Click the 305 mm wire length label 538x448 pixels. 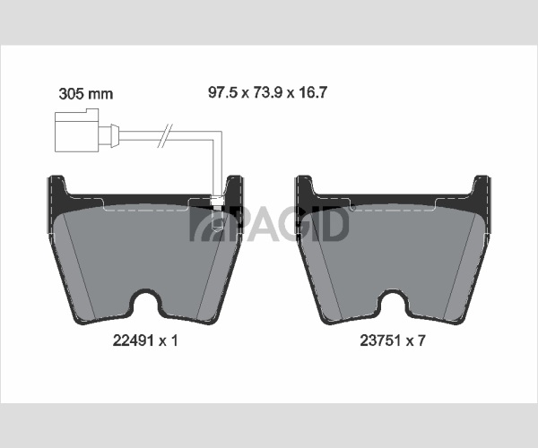(86, 93)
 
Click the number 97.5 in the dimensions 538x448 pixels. (222, 92)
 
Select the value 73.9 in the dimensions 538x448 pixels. (267, 92)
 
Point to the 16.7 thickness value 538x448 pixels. (313, 92)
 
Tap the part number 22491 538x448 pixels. (133, 340)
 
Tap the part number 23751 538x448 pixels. (380, 340)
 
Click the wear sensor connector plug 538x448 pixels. (77, 130)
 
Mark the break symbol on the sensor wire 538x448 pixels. (164, 136)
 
